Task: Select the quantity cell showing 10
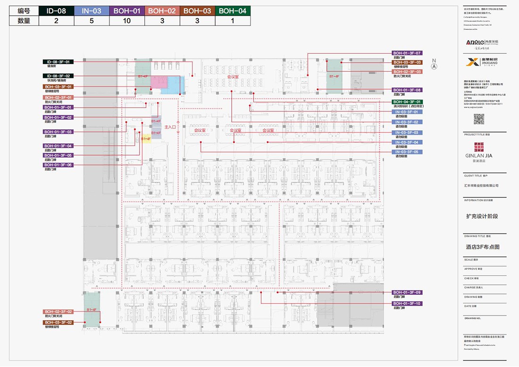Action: (x=127, y=21)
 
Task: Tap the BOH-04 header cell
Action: (x=233, y=11)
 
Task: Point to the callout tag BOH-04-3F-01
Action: (x=407, y=102)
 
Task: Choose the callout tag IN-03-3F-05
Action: (x=407, y=152)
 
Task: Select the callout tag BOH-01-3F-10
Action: (x=407, y=303)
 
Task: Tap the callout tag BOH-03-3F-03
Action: (x=407, y=62)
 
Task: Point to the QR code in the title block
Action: (x=479, y=119)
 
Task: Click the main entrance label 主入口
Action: (x=169, y=127)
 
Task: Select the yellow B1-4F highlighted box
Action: (x=145, y=139)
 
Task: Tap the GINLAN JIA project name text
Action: (x=479, y=155)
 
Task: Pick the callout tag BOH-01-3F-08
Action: (x=407, y=90)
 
